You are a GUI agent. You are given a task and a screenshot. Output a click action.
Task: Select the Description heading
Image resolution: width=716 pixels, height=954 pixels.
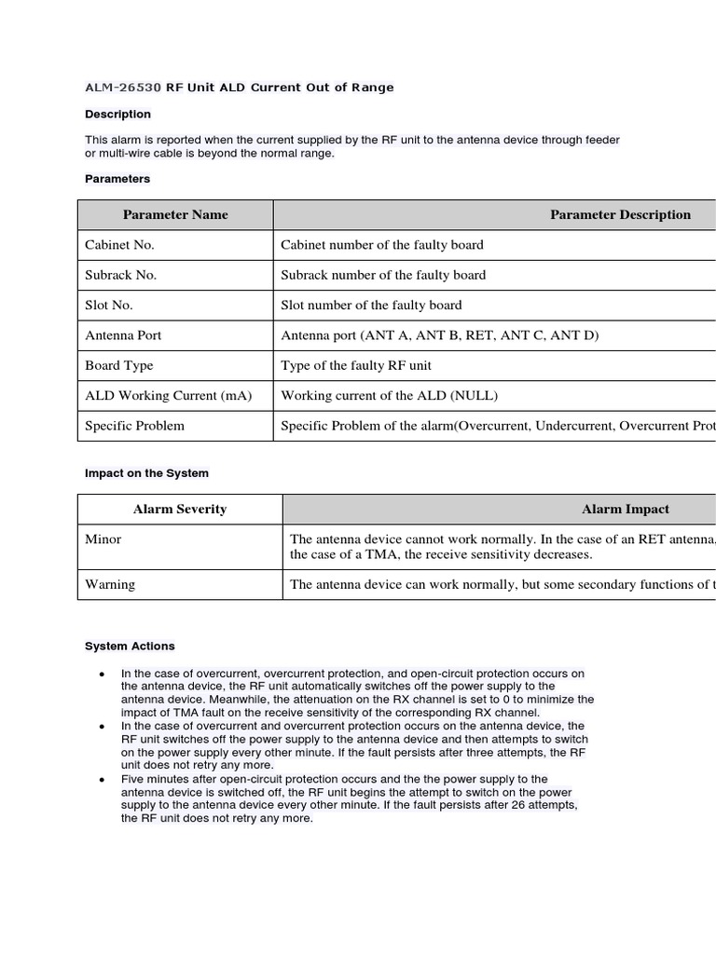point(117,115)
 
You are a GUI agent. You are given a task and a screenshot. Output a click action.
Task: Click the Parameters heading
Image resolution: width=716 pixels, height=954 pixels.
point(117,179)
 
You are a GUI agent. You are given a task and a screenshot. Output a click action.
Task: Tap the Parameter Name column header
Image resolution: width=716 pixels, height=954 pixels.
point(175,214)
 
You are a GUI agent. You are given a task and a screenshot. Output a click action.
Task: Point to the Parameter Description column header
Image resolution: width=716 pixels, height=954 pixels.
point(620,214)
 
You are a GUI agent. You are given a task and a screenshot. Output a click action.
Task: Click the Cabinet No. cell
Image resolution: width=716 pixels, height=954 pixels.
point(119,245)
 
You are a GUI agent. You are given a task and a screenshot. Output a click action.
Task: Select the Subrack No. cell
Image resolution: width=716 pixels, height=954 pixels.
point(121,275)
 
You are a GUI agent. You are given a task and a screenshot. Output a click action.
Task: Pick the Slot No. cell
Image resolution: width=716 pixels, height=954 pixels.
point(109,305)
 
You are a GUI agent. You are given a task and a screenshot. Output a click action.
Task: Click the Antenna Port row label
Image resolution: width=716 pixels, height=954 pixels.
point(123,335)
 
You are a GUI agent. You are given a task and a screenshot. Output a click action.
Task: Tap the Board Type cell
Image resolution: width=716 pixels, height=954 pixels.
point(119,365)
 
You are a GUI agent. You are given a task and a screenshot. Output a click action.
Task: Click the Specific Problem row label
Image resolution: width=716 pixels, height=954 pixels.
point(135,426)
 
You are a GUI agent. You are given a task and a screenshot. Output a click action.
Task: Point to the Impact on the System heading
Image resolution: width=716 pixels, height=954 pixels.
point(146,473)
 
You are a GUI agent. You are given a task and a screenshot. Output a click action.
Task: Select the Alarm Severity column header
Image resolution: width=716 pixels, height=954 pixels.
point(180,510)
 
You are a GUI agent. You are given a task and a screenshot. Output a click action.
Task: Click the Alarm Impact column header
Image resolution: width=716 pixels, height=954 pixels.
point(625,510)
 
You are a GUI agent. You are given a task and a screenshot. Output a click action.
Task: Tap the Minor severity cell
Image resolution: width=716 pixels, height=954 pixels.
point(103,539)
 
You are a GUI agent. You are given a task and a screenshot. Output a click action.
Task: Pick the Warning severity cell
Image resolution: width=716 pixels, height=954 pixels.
point(110,584)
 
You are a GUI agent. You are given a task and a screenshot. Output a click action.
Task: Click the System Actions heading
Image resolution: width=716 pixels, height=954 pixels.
point(130,646)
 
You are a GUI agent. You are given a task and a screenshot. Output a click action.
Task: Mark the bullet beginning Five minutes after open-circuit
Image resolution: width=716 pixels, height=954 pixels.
point(350,798)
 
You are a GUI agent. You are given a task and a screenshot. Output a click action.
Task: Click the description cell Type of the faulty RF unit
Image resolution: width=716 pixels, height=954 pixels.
point(356,365)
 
